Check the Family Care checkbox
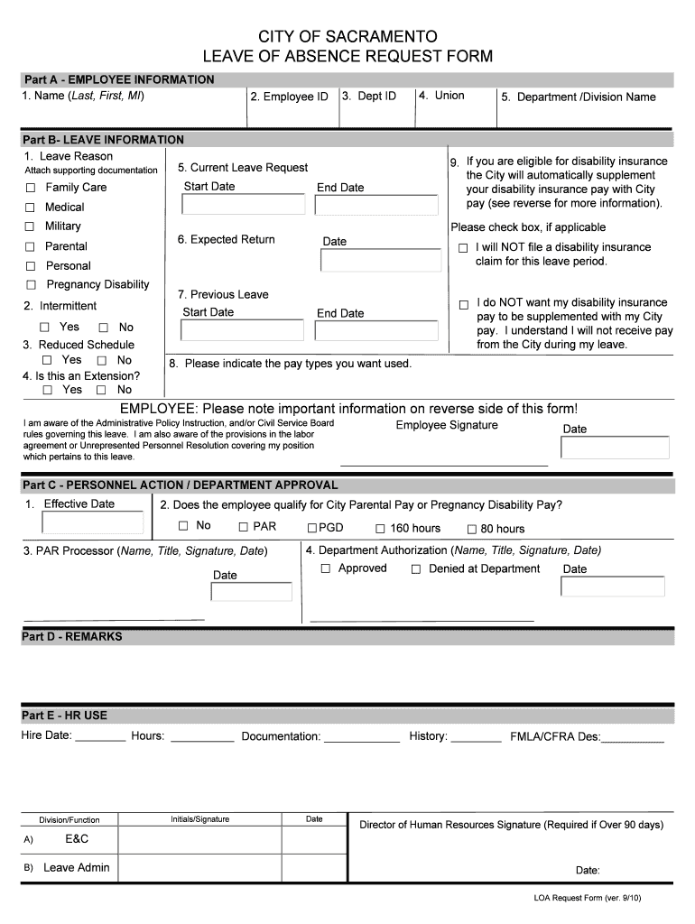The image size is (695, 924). point(30,188)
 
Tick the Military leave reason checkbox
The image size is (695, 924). point(30,226)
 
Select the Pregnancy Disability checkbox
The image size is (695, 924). point(30,285)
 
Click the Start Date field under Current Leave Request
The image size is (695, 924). point(243,204)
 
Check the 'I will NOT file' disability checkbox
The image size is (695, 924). point(463,248)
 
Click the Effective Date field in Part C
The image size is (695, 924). point(93,523)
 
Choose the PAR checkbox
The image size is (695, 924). point(243,527)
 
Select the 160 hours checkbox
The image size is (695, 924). point(380,529)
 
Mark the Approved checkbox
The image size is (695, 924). point(326,568)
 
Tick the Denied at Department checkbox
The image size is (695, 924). point(416,569)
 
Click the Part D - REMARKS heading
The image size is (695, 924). point(72,637)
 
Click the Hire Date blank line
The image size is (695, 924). point(100,738)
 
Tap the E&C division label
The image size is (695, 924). point(77,839)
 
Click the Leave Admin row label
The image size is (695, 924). point(77,868)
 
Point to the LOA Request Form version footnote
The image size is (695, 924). point(587,899)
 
